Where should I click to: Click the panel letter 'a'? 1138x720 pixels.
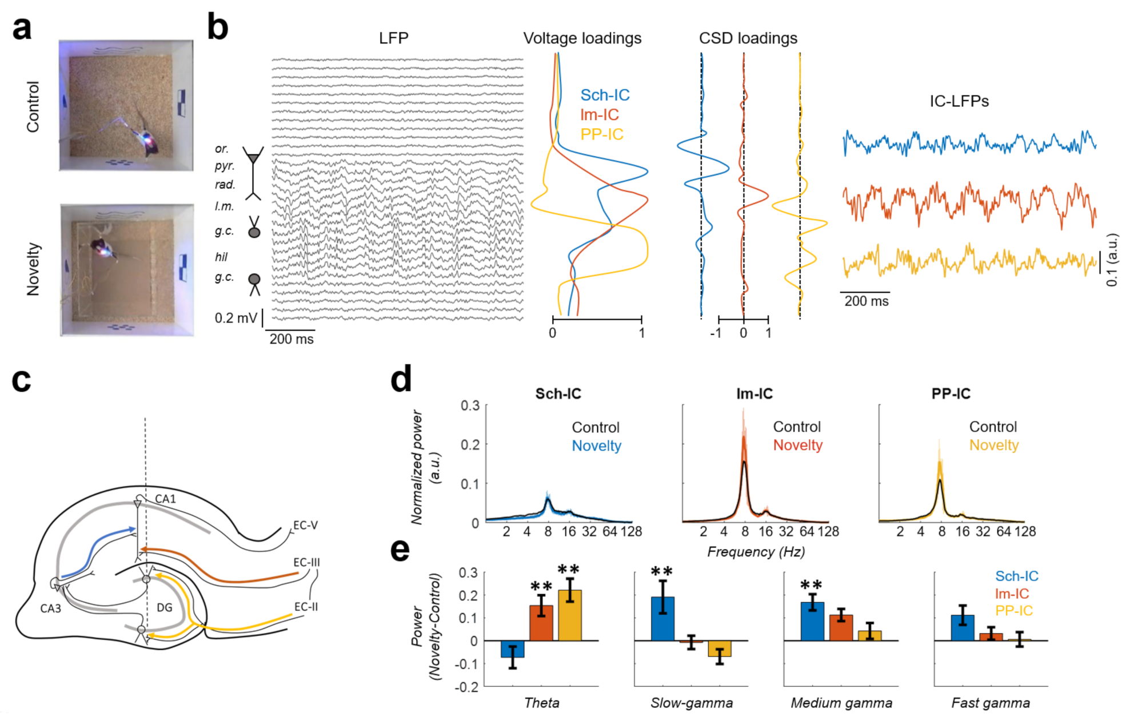coord(22,29)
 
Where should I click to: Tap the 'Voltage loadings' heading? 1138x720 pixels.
coord(582,38)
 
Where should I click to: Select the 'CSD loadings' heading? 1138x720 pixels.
coord(748,38)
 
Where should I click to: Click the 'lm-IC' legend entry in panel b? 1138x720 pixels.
coord(599,115)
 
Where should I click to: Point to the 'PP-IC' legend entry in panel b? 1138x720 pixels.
coord(601,134)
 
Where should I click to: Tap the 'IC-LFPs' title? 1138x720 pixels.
coord(959,101)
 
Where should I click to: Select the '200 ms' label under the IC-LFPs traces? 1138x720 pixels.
coord(866,301)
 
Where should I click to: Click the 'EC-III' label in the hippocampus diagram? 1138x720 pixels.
coord(306,562)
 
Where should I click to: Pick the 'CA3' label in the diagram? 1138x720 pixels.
coord(50,608)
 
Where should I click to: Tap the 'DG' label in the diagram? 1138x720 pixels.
coord(165,607)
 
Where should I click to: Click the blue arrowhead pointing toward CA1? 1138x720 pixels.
coord(133,530)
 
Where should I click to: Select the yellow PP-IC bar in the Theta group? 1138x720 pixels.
coord(569,615)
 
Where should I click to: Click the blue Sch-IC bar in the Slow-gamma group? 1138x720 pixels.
coord(662,619)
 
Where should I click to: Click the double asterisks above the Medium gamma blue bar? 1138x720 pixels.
coord(811,585)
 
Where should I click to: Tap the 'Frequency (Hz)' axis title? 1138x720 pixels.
coord(756,552)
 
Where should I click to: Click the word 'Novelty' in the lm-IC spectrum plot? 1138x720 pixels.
coord(797,445)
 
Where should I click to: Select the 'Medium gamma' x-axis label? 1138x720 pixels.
coord(841,703)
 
